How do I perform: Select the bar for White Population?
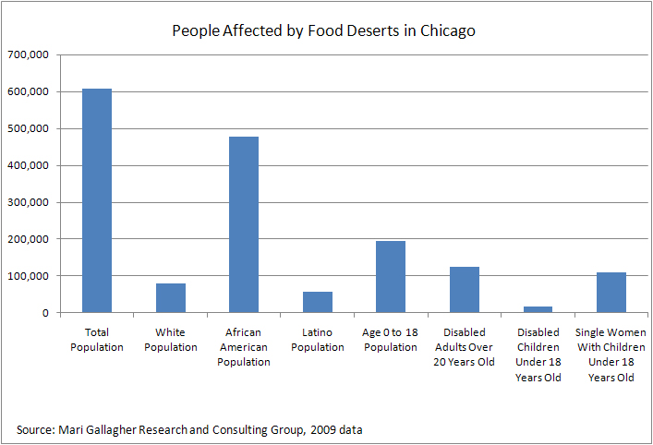(171, 297)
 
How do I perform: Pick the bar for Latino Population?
(318, 302)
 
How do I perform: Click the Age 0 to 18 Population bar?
(391, 276)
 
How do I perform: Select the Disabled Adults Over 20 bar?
(464, 289)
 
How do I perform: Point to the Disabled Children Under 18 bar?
(538, 309)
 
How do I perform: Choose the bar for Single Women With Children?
(611, 292)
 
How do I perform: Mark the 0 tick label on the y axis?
(44, 313)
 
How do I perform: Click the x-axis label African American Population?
(244, 347)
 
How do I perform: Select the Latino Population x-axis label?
(318, 340)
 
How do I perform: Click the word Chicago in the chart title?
(448, 30)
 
